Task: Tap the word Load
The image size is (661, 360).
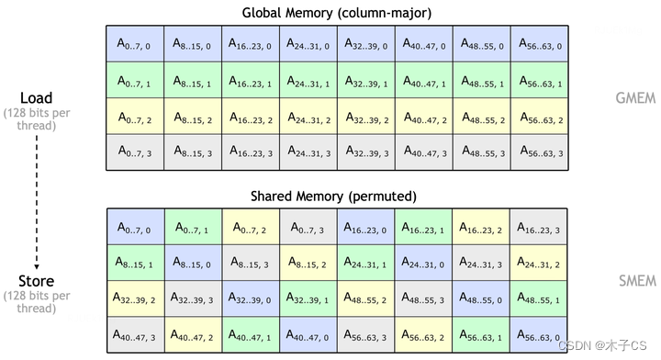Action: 37,97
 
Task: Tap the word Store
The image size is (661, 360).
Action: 37,281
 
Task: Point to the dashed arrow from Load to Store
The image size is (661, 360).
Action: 37,194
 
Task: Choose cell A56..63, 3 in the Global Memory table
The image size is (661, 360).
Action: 539,152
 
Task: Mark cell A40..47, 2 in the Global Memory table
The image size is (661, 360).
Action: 423,117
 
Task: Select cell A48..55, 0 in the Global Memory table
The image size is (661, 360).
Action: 481,43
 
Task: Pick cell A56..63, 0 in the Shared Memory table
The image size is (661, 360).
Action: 539,335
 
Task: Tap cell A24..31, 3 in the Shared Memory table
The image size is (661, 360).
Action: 481,263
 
